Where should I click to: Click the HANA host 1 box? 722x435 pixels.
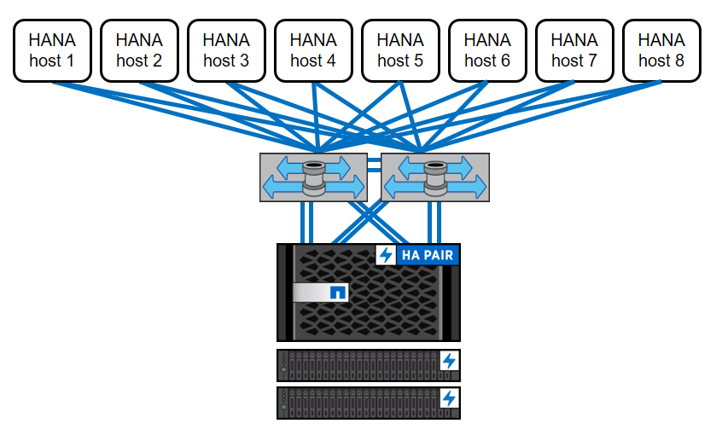[52, 50]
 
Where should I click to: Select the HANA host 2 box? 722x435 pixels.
[139, 50]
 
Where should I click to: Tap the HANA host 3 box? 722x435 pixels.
[226, 50]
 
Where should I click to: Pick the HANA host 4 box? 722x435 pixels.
[313, 50]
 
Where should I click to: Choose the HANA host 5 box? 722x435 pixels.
[400, 50]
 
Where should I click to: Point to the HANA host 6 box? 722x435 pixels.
[487, 50]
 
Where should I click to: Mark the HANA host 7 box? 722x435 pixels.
[574, 50]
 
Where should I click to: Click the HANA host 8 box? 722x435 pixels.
[661, 50]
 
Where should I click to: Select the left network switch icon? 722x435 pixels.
[313, 177]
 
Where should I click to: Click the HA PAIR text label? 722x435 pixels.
[428, 255]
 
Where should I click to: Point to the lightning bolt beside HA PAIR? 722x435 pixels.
[386, 255]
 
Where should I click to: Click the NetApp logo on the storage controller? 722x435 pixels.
[337, 293]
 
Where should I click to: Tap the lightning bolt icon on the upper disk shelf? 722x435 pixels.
[449, 362]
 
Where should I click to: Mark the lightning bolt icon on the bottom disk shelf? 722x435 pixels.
[449, 398]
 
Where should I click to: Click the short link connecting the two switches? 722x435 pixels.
[374, 164]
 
